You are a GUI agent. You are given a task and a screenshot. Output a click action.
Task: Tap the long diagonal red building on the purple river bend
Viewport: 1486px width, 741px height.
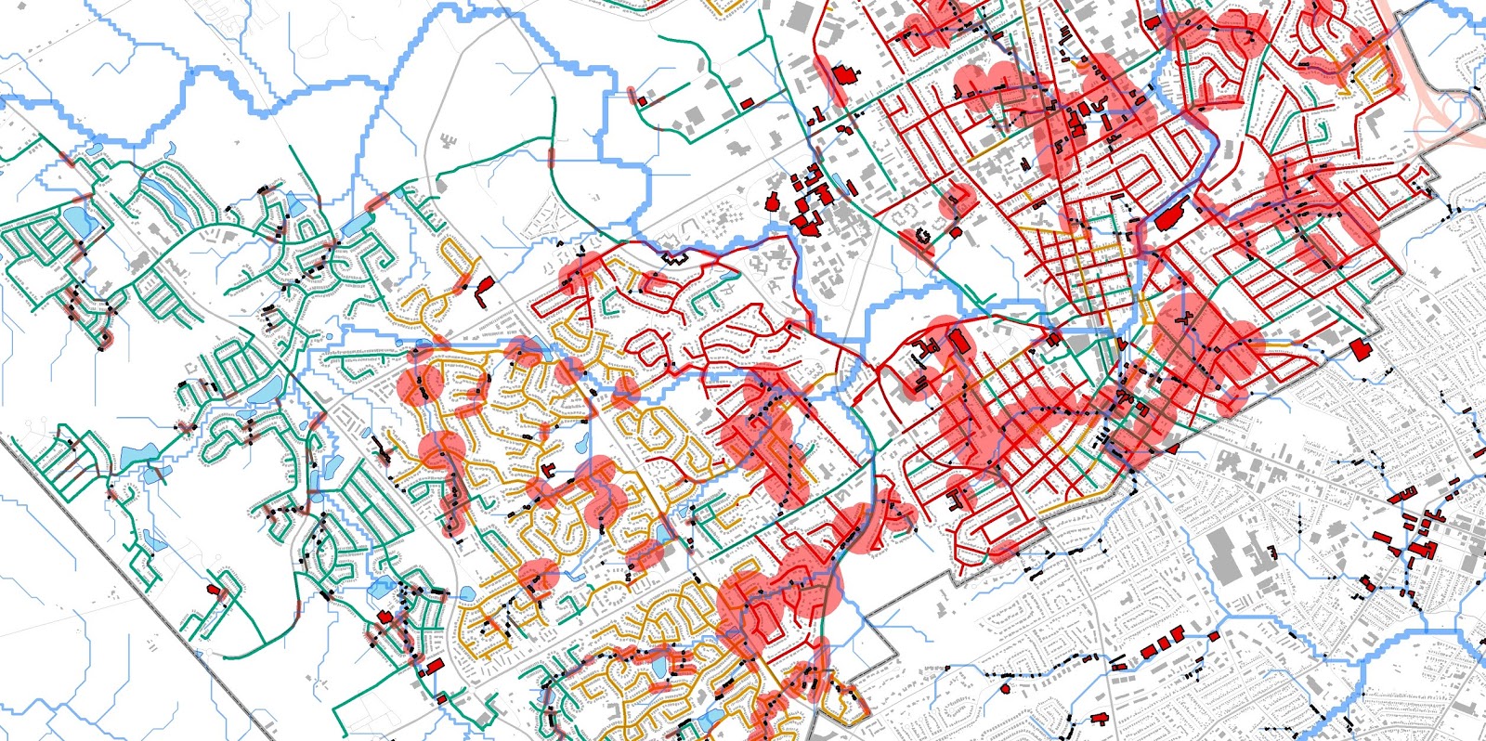[x=1173, y=219]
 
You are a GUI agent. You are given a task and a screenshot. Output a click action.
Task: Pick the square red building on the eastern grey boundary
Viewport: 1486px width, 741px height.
[x=1362, y=349]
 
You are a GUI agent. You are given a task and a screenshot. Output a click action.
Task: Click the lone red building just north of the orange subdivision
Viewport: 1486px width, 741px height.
[x=483, y=292]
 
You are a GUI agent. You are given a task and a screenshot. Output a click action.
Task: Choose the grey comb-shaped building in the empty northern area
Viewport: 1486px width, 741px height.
[x=449, y=142]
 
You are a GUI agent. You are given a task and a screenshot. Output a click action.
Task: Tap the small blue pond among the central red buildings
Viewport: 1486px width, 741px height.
[x=839, y=182]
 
